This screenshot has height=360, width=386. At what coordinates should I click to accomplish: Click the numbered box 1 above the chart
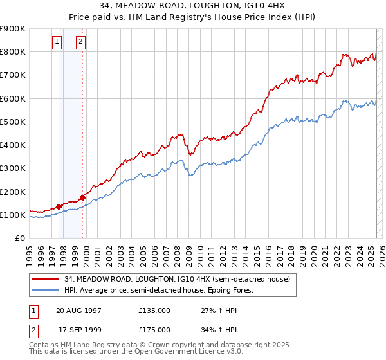pyautogui.click(x=57, y=42)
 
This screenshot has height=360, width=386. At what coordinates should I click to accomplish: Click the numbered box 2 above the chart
pyautogui.click(x=80, y=42)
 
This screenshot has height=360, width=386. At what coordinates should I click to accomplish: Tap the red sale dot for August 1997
pyautogui.click(x=59, y=206)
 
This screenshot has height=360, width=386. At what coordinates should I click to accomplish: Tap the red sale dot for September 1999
pyautogui.click(x=82, y=197)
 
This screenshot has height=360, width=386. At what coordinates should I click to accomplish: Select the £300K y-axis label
pyautogui.click(x=13, y=168)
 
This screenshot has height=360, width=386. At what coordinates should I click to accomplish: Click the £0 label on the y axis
pyautogui.click(x=19, y=239)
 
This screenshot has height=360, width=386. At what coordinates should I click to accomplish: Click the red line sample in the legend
pyautogui.click(x=46, y=279)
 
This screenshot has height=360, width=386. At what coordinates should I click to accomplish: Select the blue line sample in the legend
pyautogui.click(x=46, y=290)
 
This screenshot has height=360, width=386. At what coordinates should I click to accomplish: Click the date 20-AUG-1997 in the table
pyautogui.click(x=78, y=310)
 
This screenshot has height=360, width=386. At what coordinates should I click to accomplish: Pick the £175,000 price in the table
pyautogui.click(x=154, y=329)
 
